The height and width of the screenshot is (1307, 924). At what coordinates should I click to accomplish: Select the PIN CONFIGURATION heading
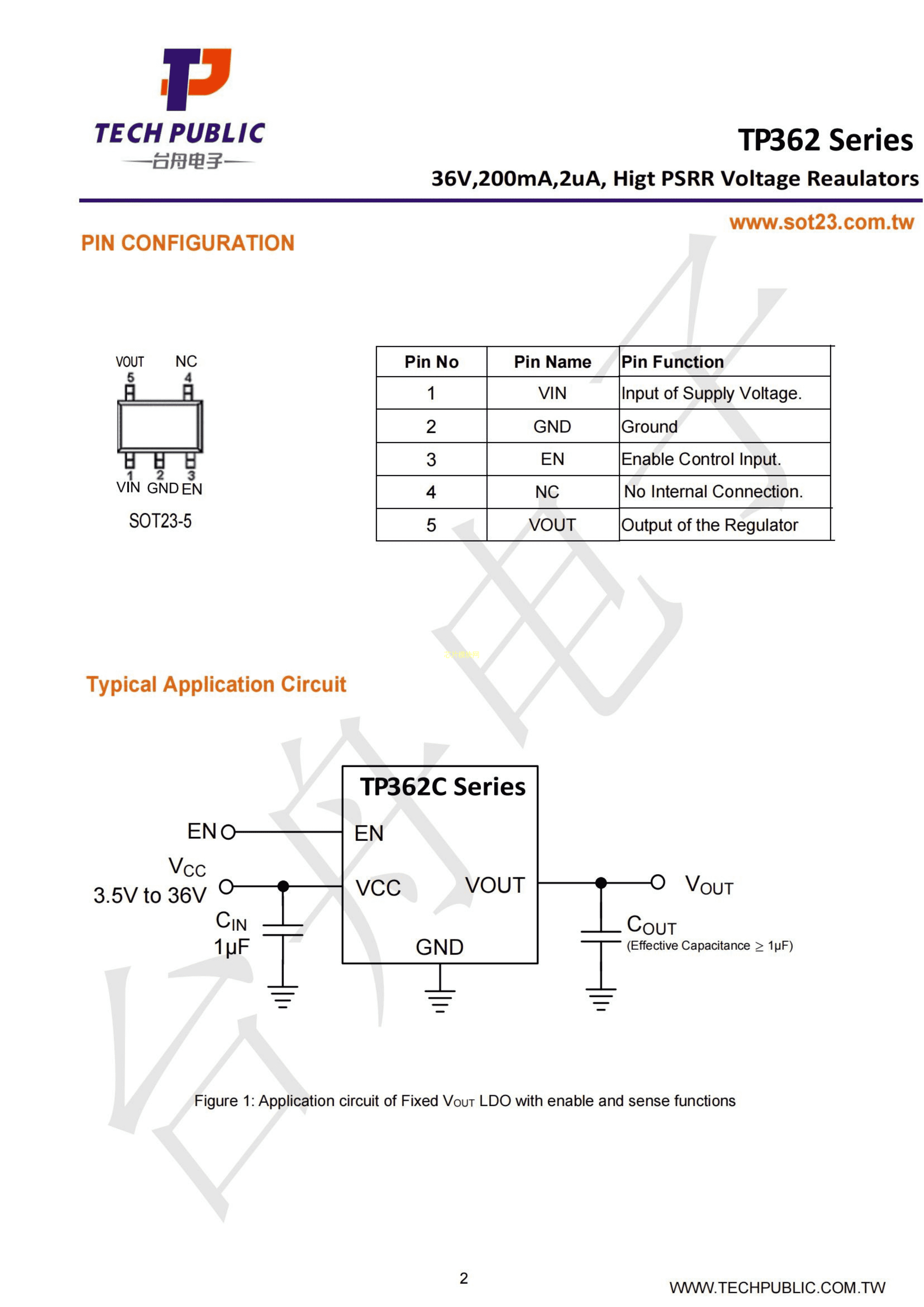pos(187,243)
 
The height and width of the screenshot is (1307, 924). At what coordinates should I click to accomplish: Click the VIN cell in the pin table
pos(552,393)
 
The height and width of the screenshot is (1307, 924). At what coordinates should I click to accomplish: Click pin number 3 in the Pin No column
pos(431,459)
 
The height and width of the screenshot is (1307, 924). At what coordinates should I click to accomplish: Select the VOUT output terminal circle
pos(658,882)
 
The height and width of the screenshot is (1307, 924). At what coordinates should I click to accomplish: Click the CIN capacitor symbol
pos(282,930)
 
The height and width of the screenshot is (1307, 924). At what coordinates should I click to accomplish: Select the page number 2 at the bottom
pos(463,1278)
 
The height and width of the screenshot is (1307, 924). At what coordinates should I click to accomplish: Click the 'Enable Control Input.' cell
pos(701,459)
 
